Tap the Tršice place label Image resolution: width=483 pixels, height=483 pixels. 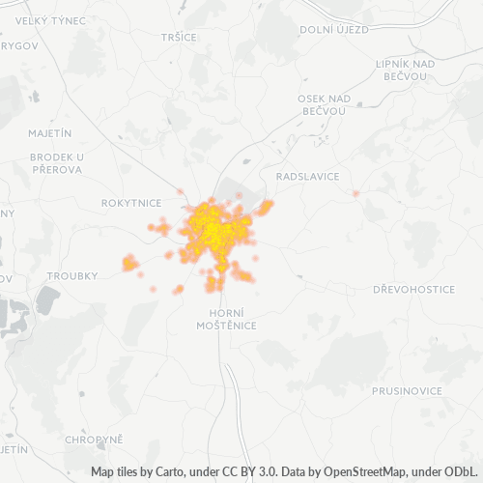(181, 36)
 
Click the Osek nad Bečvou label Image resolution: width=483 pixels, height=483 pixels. (325, 105)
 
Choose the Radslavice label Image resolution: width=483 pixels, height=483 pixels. (307, 177)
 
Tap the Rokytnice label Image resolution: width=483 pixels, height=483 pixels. (131, 203)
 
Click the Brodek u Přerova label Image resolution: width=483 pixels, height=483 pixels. (56, 162)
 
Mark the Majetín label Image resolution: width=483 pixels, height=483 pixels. (51, 131)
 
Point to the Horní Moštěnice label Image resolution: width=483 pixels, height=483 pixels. (233, 319)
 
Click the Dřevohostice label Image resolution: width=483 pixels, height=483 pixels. (413, 289)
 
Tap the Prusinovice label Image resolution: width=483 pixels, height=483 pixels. (407, 390)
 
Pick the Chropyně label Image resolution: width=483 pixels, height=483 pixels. (94, 439)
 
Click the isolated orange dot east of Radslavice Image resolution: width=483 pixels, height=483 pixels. (355, 193)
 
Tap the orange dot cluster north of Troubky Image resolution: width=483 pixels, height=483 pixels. (128, 262)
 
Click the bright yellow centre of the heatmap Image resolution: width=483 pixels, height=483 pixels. (211, 228)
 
